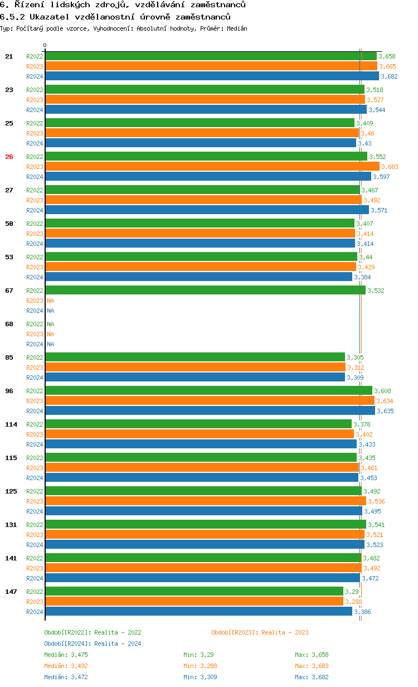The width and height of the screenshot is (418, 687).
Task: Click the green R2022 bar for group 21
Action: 211,56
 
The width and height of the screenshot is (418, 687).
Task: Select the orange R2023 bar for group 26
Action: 212,167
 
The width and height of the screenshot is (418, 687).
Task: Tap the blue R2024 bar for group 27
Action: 207,210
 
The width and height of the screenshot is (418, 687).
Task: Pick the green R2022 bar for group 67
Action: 205,291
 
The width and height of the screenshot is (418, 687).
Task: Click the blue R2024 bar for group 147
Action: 198,612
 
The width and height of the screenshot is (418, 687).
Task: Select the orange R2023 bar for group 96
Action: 210,401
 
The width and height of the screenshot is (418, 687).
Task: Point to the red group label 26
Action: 9,157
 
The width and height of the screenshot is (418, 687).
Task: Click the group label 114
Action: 11,424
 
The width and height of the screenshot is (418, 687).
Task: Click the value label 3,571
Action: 379,210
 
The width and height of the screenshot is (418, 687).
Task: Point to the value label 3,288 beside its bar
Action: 354,602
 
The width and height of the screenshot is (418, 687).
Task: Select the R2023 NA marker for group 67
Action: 50,301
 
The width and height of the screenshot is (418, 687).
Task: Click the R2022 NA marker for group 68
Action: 50,324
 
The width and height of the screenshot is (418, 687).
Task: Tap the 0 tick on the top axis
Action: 45,46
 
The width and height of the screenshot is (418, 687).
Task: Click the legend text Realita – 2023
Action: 285,632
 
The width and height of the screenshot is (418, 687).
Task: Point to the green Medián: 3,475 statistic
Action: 66,655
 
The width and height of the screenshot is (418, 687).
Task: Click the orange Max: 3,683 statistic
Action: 312,666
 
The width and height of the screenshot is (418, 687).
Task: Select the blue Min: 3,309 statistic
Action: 200,677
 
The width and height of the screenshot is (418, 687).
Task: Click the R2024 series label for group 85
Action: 35,378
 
